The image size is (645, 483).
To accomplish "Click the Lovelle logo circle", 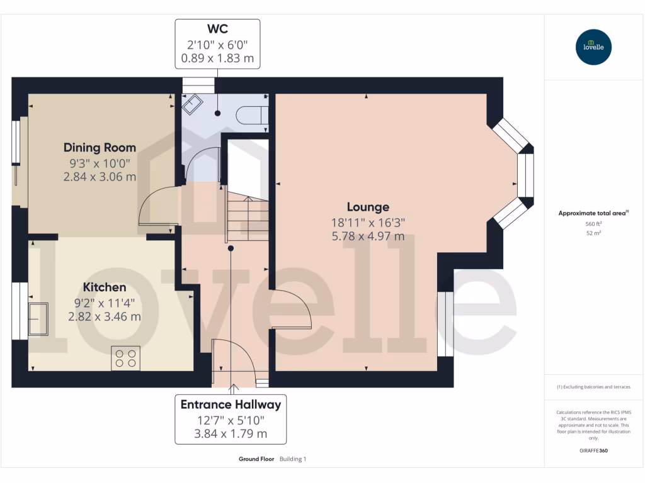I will [x=593, y=47].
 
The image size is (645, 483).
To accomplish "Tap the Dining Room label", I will [x=100, y=148].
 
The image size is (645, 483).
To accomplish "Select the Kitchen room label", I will [x=105, y=287].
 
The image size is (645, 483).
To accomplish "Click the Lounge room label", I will [x=368, y=207].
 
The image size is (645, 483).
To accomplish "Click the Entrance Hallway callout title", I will [x=231, y=404].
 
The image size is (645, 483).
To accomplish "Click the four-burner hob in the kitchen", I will [x=125, y=358].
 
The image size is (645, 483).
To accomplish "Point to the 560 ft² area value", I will [x=593, y=224].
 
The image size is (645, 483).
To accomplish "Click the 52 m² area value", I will [x=593, y=233].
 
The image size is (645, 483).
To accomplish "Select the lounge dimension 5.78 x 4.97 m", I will [x=368, y=236].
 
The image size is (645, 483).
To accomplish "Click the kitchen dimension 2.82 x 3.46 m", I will [x=105, y=316].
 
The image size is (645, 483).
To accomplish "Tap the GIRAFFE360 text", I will [x=593, y=451].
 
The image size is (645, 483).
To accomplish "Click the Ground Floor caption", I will [x=256, y=459].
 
